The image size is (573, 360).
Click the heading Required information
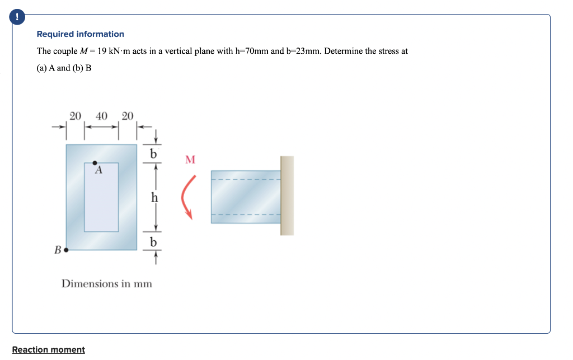(81, 34)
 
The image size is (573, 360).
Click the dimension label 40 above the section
(102, 116)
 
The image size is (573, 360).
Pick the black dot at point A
(95, 163)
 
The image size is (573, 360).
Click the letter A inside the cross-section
(98, 171)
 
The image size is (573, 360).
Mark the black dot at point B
(66, 250)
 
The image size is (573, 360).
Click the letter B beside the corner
(58, 250)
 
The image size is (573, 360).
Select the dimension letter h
(154, 197)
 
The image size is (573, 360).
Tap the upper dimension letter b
(154, 153)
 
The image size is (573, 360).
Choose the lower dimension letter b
(154, 242)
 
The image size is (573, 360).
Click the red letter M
(190, 160)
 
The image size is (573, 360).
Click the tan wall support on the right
(287, 195)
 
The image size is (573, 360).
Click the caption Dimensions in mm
(107, 283)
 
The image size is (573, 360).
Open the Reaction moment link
(49, 350)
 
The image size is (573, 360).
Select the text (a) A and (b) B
(64, 68)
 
